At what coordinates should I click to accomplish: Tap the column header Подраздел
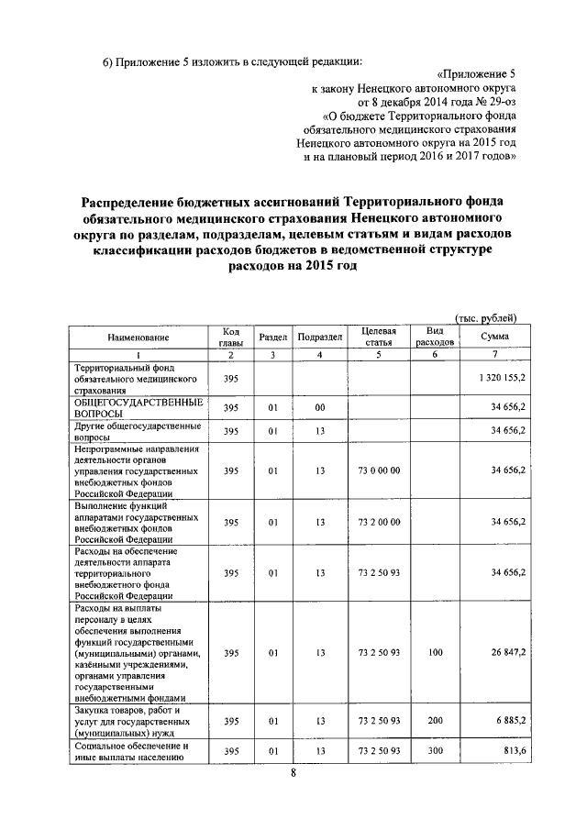pos(320,338)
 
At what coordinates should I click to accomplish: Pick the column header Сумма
pos(494,338)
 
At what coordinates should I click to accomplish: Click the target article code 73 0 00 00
pos(379,470)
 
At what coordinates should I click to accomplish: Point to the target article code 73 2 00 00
pos(379,521)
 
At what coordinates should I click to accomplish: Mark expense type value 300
pos(435,752)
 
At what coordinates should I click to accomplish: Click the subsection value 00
pos(320,407)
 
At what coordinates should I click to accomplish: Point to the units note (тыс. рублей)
pos(486,317)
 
